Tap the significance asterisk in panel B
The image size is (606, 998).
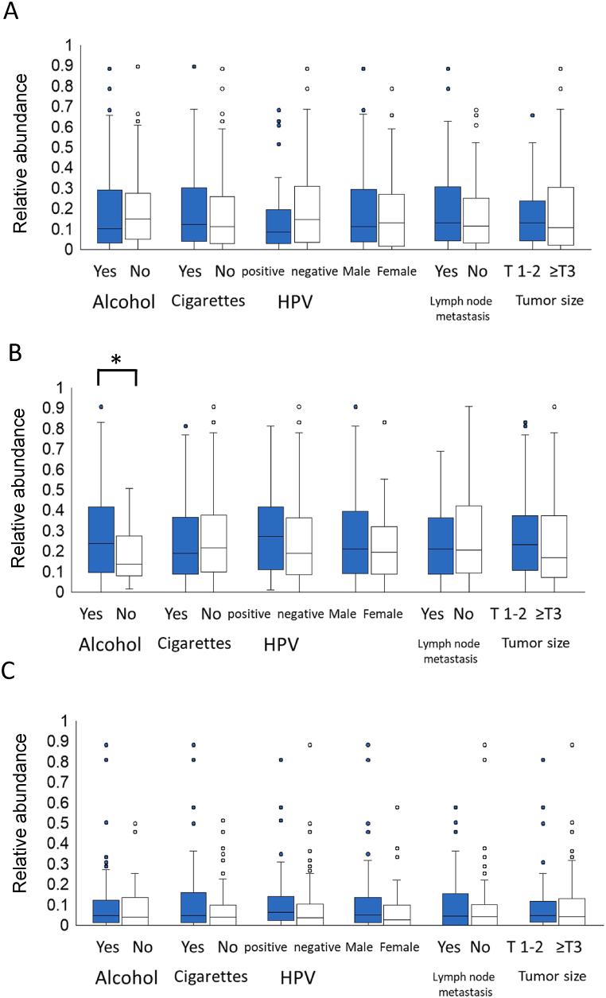[x=117, y=360]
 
